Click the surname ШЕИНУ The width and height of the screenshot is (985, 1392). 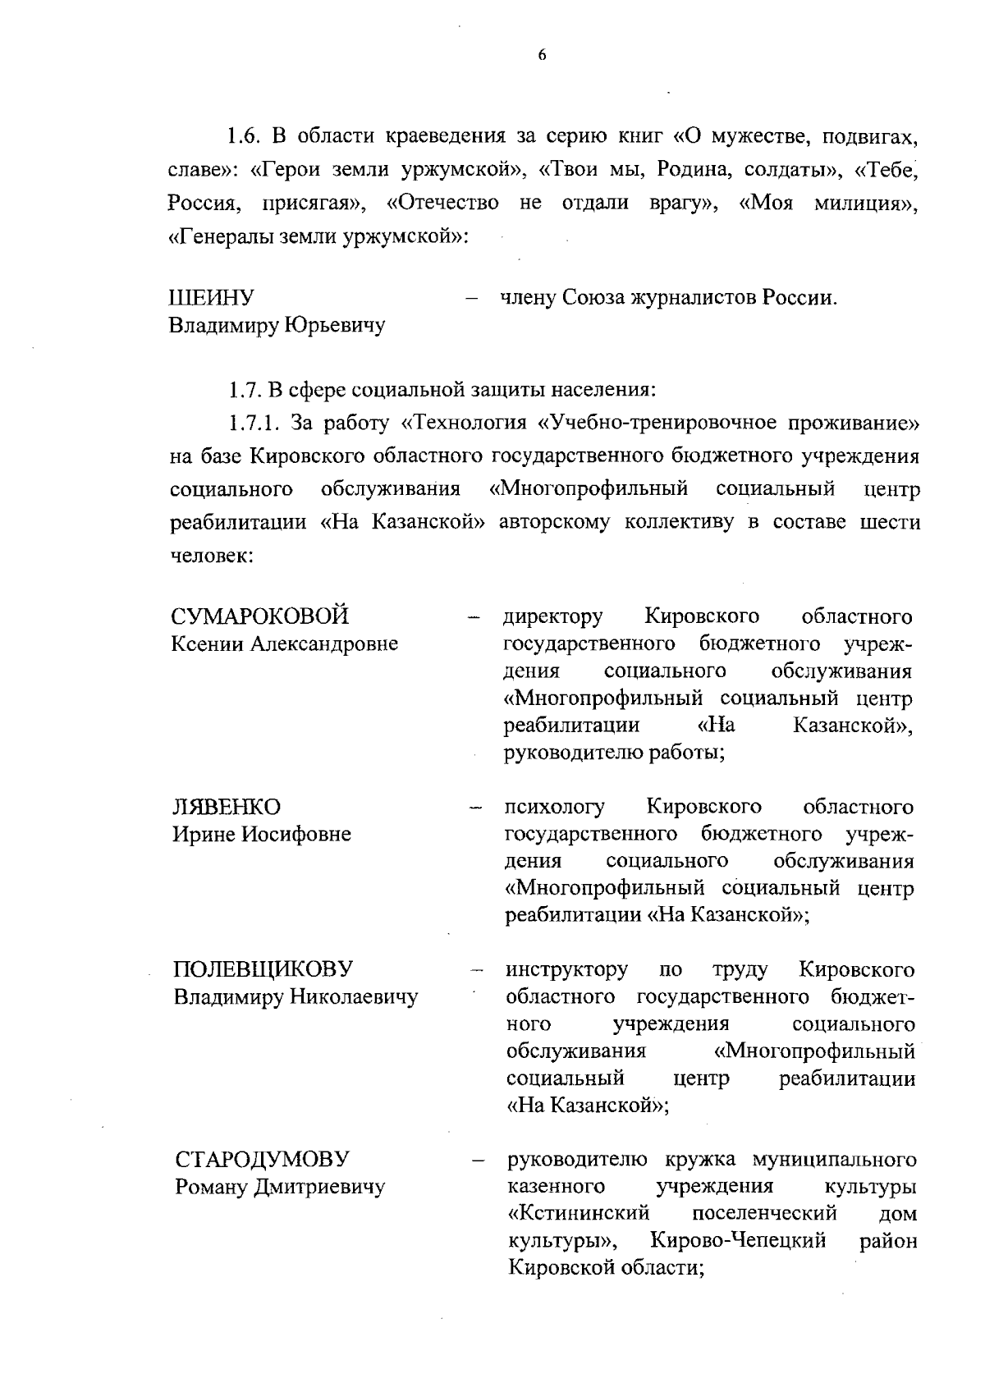(211, 297)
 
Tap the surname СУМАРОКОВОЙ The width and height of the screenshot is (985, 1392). (261, 616)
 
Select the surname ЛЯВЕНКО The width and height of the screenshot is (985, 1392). (227, 806)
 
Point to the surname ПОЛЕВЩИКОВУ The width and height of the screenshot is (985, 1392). (263, 969)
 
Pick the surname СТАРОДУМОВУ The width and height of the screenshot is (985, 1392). (262, 1159)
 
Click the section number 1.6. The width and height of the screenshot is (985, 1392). (245, 135)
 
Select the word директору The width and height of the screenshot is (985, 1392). (553, 616)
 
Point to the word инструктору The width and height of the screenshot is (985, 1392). (567, 969)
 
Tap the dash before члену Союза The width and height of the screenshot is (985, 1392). (472, 299)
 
